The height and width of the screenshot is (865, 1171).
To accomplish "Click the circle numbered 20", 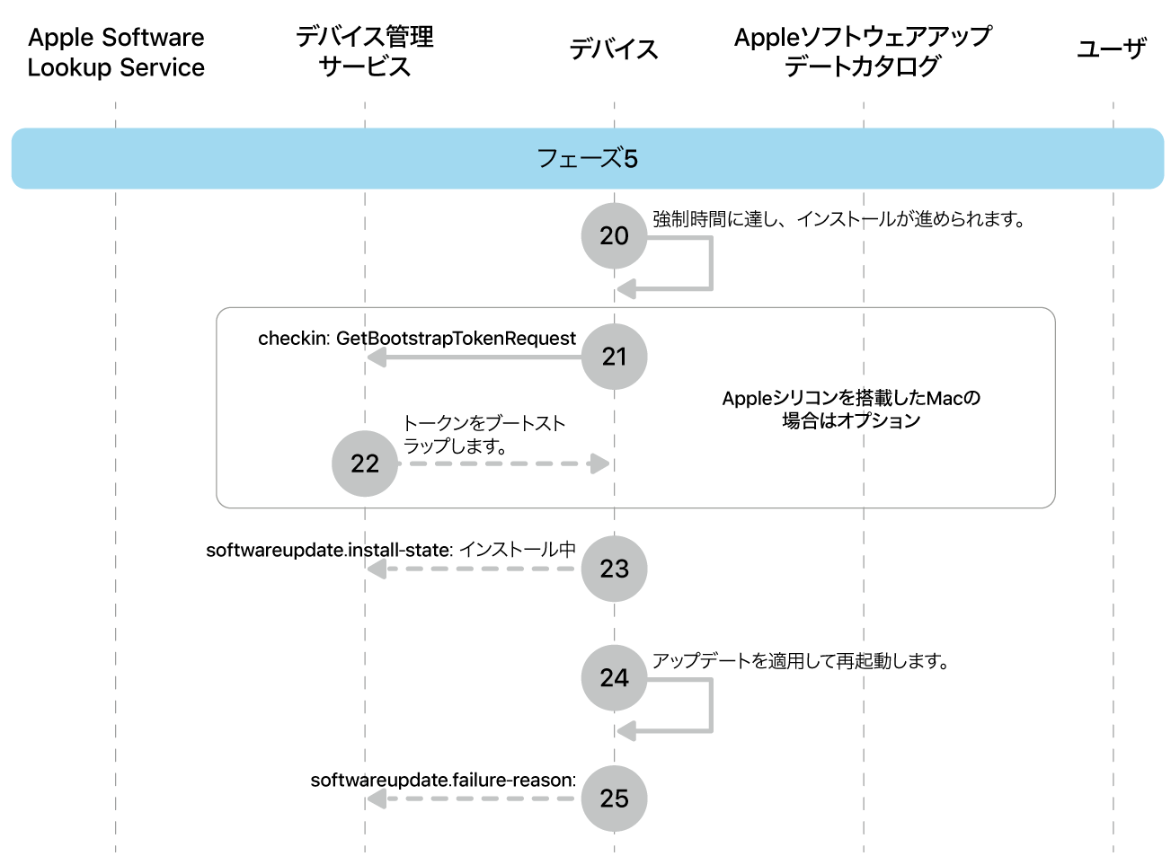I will [614, 235].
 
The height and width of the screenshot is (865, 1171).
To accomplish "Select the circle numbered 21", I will [614, 357].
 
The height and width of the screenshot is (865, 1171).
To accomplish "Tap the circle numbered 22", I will [364, 463].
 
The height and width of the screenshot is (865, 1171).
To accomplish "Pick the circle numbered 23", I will [614, 569].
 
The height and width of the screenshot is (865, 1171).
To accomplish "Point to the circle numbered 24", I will [614, 677].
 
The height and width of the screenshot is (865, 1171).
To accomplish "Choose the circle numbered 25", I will [614, 798].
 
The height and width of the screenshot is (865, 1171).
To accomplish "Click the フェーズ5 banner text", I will [587, 159].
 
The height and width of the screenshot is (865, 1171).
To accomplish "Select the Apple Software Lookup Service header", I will [116, 52].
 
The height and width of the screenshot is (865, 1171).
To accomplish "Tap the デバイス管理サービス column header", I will [364, 51].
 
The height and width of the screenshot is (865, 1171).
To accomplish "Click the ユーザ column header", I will [1112, 49].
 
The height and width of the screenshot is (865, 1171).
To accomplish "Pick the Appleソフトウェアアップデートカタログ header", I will [863, 51].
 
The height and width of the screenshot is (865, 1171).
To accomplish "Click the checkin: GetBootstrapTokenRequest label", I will [416, 339].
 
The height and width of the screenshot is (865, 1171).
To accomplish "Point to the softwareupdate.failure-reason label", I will [443, 780].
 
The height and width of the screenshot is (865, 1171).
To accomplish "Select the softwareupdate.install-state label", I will [391, 550].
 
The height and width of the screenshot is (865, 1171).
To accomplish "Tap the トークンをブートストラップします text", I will [483, 435].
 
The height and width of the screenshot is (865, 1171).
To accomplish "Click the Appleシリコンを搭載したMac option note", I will [850, 410].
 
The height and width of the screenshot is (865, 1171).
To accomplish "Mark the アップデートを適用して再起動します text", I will [800, 661].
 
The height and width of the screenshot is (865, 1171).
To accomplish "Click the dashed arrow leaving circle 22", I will [503, 463].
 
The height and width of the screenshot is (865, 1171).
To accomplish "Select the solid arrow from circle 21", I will [476, 357].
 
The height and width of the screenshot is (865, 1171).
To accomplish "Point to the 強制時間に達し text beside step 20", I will [838, 219].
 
